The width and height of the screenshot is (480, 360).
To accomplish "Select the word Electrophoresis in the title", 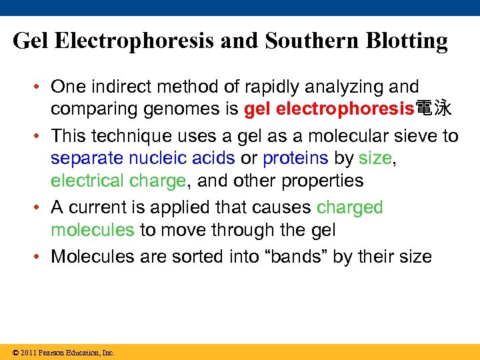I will click(x=134, y=41).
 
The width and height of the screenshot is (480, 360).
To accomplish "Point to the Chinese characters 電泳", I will click(x=433, y=109).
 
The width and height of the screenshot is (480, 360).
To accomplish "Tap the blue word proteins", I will click(x=295, y=158).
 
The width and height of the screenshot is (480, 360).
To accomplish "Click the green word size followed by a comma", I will click(x=375, y=158).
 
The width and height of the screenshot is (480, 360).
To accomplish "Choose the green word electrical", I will click(x=83, y=181).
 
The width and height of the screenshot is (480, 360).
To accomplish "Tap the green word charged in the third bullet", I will click(x=350, y=207).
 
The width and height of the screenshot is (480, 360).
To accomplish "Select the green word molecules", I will click(x=93, y=230).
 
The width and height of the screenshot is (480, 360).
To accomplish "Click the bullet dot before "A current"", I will click(x=39, y=207).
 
